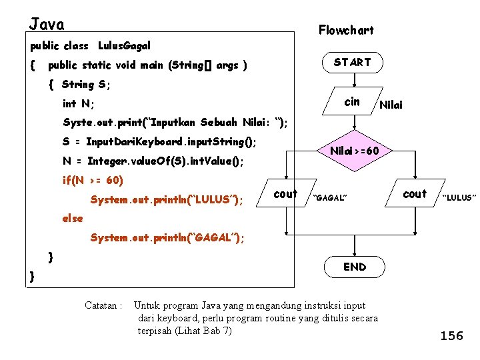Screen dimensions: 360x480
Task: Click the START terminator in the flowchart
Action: [352, 63]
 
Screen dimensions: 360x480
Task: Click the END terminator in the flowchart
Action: [354, 267]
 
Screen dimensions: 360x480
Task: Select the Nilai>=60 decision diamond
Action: [355, 151]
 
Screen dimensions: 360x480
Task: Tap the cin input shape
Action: [352, 102]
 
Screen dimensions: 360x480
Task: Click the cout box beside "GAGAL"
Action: [285, 194]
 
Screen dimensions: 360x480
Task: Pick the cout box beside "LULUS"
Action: [415, 194]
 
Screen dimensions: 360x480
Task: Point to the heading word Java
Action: [47, 25]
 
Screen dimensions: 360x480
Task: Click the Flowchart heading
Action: [346, 30]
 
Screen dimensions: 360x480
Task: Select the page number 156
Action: [451, 335]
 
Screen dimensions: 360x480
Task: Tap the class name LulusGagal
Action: [124, 46]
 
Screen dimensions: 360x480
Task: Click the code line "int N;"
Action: [78, 104]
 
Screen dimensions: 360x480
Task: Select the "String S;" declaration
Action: [85, 85]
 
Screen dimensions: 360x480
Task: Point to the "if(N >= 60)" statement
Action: [93, 180]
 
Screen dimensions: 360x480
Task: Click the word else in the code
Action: [73, 219]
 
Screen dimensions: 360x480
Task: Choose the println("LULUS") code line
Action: [167, 200]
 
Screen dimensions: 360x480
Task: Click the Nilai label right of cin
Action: [391, 105]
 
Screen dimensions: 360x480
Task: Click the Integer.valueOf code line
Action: [153, 161]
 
